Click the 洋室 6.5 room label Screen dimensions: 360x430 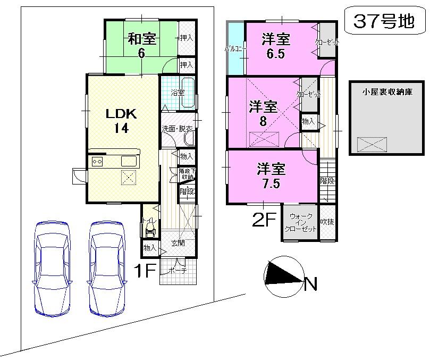[x=276, y=46]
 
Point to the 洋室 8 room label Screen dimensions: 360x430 [x=263, y=113]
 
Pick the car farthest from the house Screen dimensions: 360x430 [x=52, y=266]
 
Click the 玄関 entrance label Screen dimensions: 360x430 [x=178, y=244]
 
